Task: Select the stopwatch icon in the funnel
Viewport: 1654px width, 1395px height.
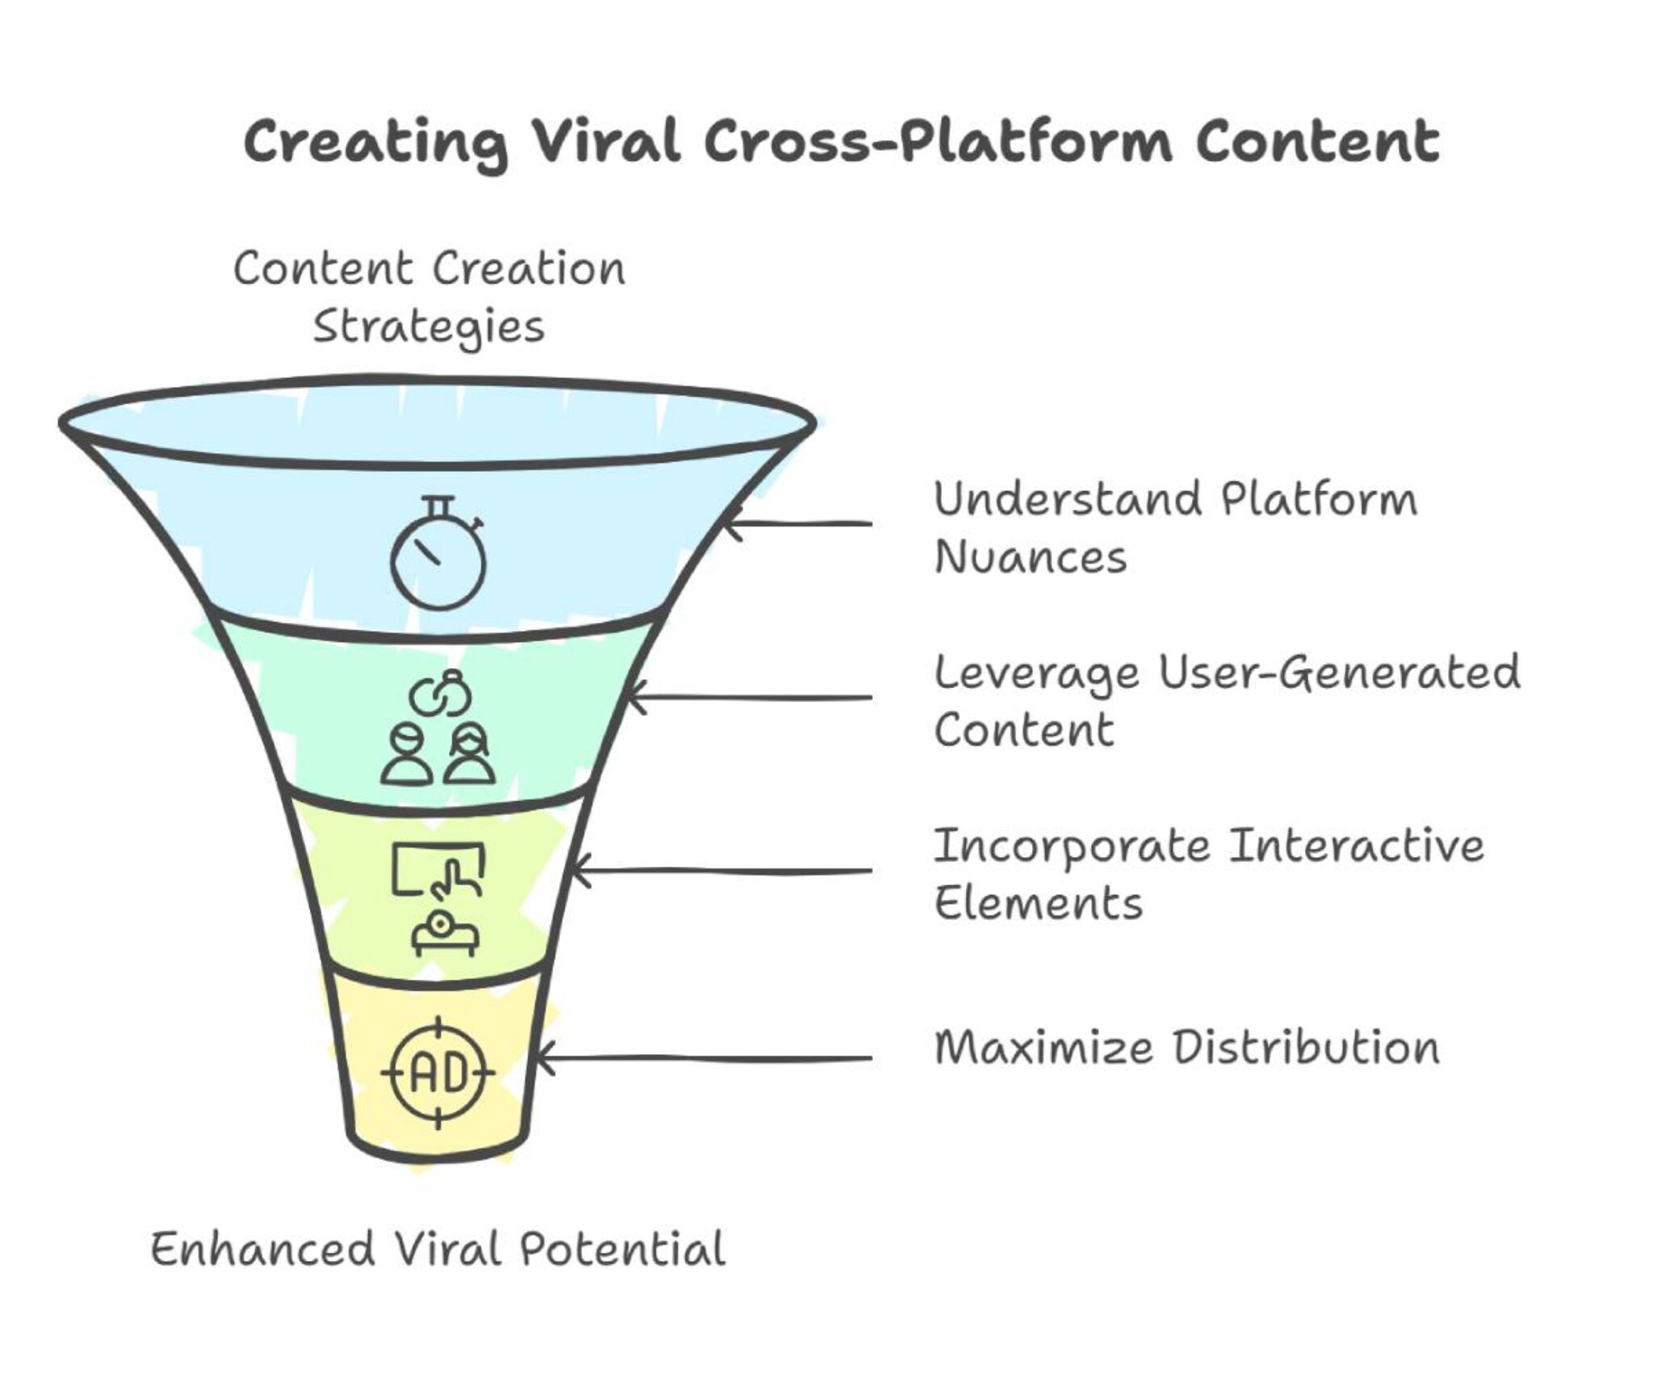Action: [438, 553]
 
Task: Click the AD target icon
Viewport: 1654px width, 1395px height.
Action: [438, 1073]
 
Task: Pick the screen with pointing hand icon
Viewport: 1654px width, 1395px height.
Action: [438, 871]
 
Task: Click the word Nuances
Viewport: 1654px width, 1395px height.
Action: [1030, 557]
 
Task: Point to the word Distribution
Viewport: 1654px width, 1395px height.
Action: [1306, 1048]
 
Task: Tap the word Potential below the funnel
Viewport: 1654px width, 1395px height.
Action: [622, 1250]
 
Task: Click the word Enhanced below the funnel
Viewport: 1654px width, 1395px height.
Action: [262, 1250]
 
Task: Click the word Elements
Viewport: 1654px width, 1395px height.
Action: [1038, 903]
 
